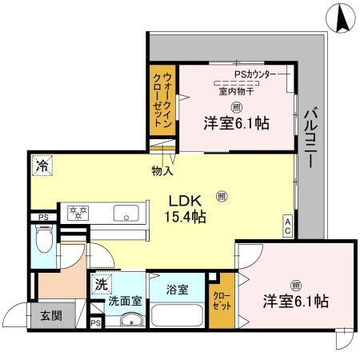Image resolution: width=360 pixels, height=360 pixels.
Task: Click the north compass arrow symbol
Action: pos(342,18)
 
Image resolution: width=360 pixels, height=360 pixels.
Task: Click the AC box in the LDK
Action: pos(287,225)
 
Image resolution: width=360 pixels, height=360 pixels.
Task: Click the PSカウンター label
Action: pos(255,74)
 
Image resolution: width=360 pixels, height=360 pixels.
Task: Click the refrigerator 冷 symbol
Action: pos(41,166)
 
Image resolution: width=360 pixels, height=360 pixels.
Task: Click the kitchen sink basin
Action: pos(125,212)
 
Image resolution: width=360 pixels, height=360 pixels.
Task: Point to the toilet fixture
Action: pos(45,238)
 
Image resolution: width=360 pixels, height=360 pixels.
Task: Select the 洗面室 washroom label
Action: pos(124,302)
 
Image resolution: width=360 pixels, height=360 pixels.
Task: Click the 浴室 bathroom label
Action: pos(178,289)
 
